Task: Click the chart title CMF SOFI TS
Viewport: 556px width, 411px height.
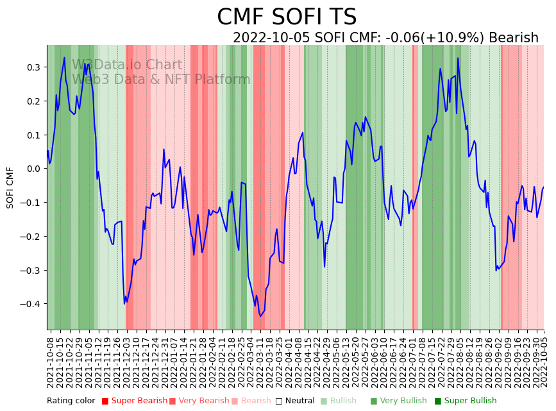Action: point(287,17)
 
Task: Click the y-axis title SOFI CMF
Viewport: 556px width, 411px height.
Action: point(10,187)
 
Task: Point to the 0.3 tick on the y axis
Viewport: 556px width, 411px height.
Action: point(32,67)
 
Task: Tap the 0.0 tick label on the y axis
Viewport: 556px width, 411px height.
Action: point(32,169)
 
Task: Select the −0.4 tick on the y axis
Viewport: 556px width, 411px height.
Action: point(29,304)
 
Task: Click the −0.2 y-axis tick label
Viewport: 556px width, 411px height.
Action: point(29,237)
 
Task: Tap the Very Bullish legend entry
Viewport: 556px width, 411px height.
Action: point(403,401)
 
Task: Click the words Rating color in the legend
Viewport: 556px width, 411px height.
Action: point(71,401)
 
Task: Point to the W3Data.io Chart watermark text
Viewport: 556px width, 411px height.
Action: point(127,65)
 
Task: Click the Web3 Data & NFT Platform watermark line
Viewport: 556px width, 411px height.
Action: point(161,80)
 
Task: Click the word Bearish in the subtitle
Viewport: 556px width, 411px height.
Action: point(513,38)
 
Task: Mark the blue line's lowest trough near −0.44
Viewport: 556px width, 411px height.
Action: point(260,316)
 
